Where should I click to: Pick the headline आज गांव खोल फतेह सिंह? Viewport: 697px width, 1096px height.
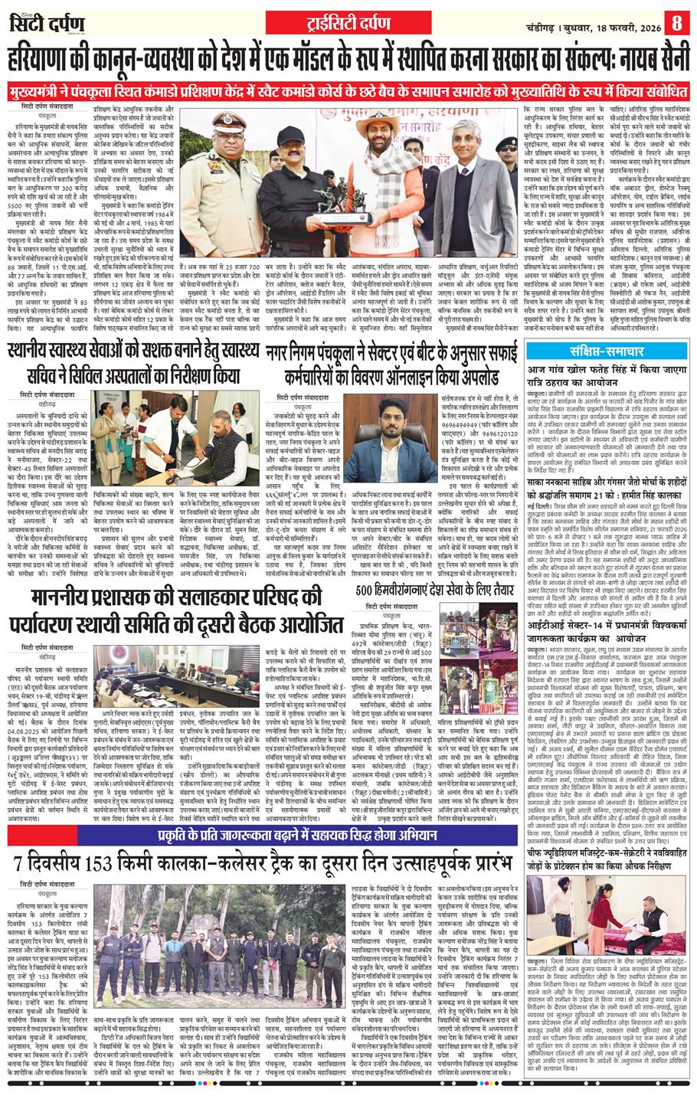(609, 369)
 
